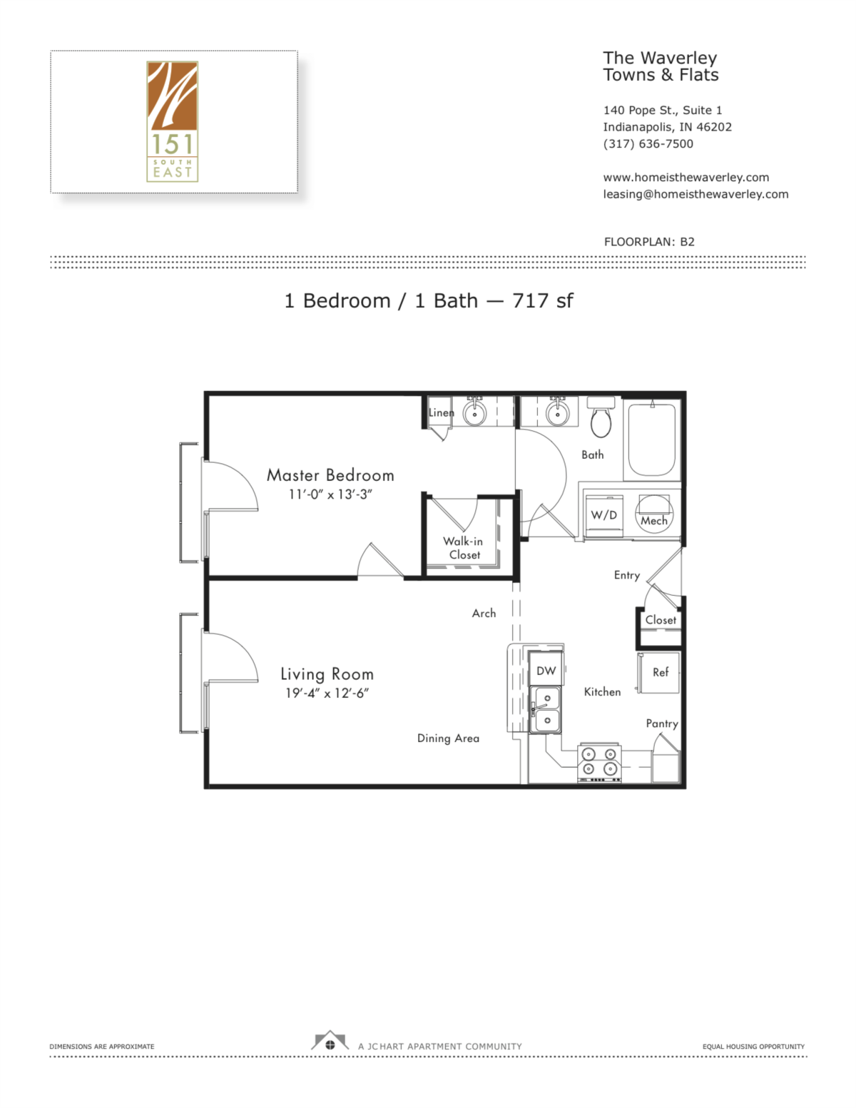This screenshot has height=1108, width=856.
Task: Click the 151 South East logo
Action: point(172,121)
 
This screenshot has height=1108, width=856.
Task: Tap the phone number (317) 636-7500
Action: point(648,144)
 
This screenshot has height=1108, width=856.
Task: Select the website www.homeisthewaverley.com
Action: point(686,178)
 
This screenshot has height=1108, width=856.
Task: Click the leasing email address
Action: point(695,194)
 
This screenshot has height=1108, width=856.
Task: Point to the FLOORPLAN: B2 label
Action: point(648,242)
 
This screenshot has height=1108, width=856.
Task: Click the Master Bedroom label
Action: point(330,475)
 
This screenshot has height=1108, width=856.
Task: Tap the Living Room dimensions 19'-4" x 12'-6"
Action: point(327,693)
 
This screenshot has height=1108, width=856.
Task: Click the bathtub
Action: point(651,439)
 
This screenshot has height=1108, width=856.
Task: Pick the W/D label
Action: point(603,515)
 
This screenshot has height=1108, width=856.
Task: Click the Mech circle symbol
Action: point(653,514)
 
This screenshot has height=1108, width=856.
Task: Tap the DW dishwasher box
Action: point(546,671)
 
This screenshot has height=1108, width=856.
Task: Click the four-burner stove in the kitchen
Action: point(599,761)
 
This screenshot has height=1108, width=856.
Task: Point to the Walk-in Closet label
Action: point(463,548)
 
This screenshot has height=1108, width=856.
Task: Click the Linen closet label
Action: point(440,413)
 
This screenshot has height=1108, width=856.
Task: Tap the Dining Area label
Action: point(448,738)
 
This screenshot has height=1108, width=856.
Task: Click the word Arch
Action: point(484,614)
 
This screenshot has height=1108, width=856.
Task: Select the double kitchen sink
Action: point(547,709)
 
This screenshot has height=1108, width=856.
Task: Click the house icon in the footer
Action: point(330,1042)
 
